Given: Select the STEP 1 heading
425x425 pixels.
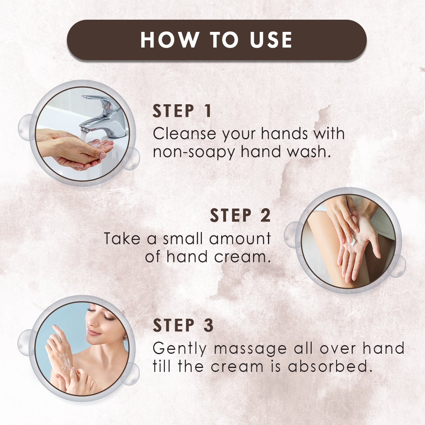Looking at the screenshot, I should (182, 111).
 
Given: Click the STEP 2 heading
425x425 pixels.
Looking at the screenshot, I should (240, 216).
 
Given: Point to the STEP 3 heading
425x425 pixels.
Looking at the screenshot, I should (183, 326).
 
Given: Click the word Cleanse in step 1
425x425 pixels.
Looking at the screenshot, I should (184, 134).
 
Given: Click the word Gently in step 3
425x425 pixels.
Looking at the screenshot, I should (179, 349).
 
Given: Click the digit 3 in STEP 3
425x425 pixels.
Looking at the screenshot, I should (208, 326).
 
